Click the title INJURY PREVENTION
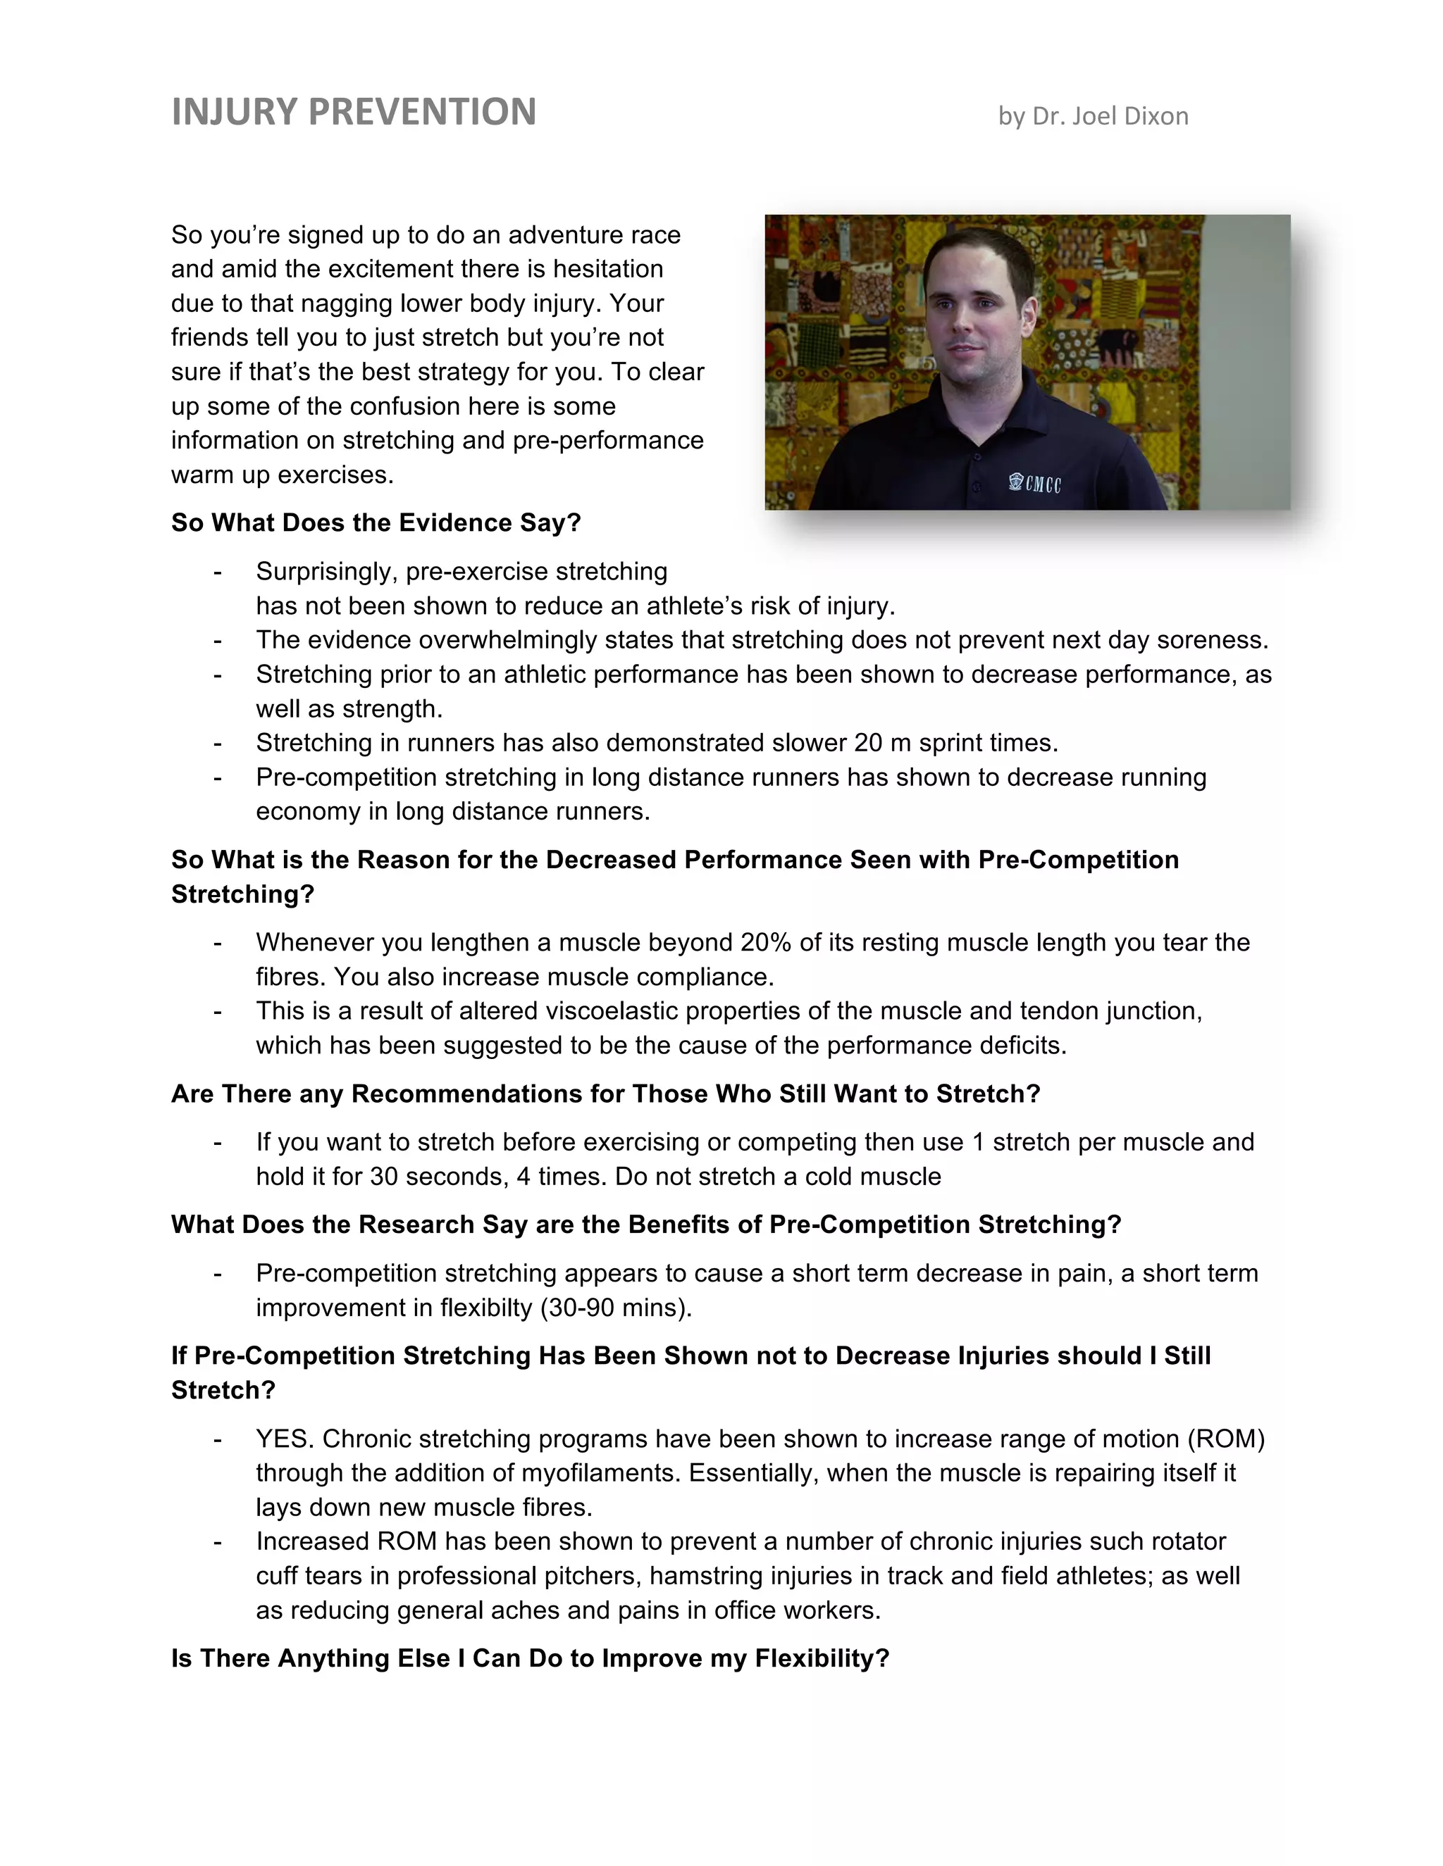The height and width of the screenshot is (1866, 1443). point(354,113)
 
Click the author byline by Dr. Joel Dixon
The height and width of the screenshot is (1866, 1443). point(1093,116)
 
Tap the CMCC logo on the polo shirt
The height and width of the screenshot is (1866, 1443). point(1035,484)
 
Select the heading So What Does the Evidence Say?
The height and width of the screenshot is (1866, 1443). point(376,523)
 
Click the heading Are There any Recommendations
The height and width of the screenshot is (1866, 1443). point(605,1094)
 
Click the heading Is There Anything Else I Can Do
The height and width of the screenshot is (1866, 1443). point(530,1659)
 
